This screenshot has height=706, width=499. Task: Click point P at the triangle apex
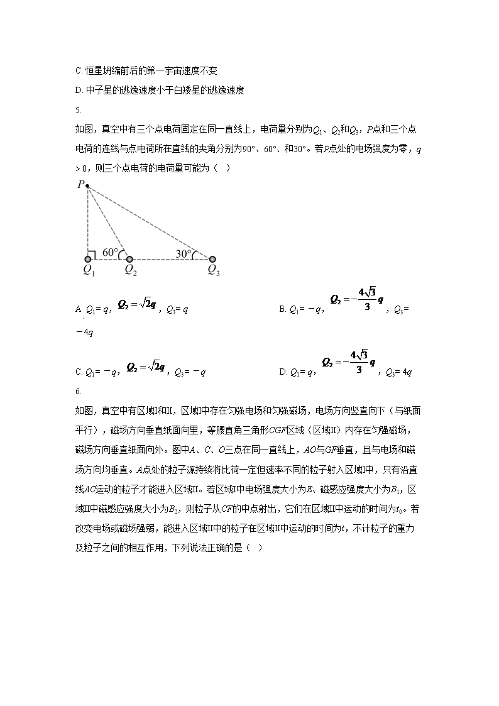coord(87,186)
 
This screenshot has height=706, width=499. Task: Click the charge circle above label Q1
coord(88,259)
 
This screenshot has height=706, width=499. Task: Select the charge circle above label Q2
coord(129,259)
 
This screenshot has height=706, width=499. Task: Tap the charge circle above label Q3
coord(212,259)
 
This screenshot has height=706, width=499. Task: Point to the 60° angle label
coord(110,253)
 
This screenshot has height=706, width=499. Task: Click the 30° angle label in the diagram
coord(184,253)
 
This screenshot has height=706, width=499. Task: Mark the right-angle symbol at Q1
coord(91,255)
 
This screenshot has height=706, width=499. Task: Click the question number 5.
coord(77,110)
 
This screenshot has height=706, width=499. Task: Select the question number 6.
coord(77,392)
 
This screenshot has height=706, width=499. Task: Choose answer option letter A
coord(78,309)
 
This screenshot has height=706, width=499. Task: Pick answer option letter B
coord(282,309)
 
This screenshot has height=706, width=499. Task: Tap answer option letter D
coord(282,372)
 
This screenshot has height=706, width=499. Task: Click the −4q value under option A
coord(84,333)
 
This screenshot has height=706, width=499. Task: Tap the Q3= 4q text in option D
coord(398,372)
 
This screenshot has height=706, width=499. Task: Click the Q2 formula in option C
coord(146,367)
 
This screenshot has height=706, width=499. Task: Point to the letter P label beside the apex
coord(80,184)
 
